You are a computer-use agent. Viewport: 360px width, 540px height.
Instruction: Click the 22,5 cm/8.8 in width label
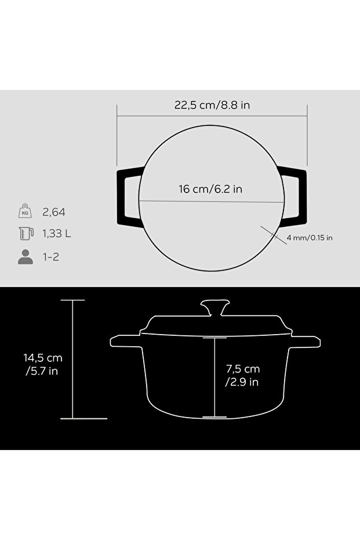point(212,104)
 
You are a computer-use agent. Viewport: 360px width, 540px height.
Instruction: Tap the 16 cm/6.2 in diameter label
point(210,189)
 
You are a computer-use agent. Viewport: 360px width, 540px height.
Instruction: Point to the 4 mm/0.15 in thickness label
point(310,238)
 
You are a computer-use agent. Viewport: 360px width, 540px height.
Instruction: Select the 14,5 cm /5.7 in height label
point(43,364)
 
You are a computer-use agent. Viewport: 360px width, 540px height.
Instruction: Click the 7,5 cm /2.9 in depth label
point(243,375)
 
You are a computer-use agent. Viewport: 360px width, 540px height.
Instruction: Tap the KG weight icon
point(25,211)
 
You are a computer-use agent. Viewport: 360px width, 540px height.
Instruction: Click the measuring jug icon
point(26,233)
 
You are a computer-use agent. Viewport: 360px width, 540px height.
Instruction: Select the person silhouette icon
point(26,257)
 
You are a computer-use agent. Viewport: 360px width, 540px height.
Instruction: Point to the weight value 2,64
point(54,212)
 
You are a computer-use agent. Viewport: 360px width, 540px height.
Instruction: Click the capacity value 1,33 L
point(57,234)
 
